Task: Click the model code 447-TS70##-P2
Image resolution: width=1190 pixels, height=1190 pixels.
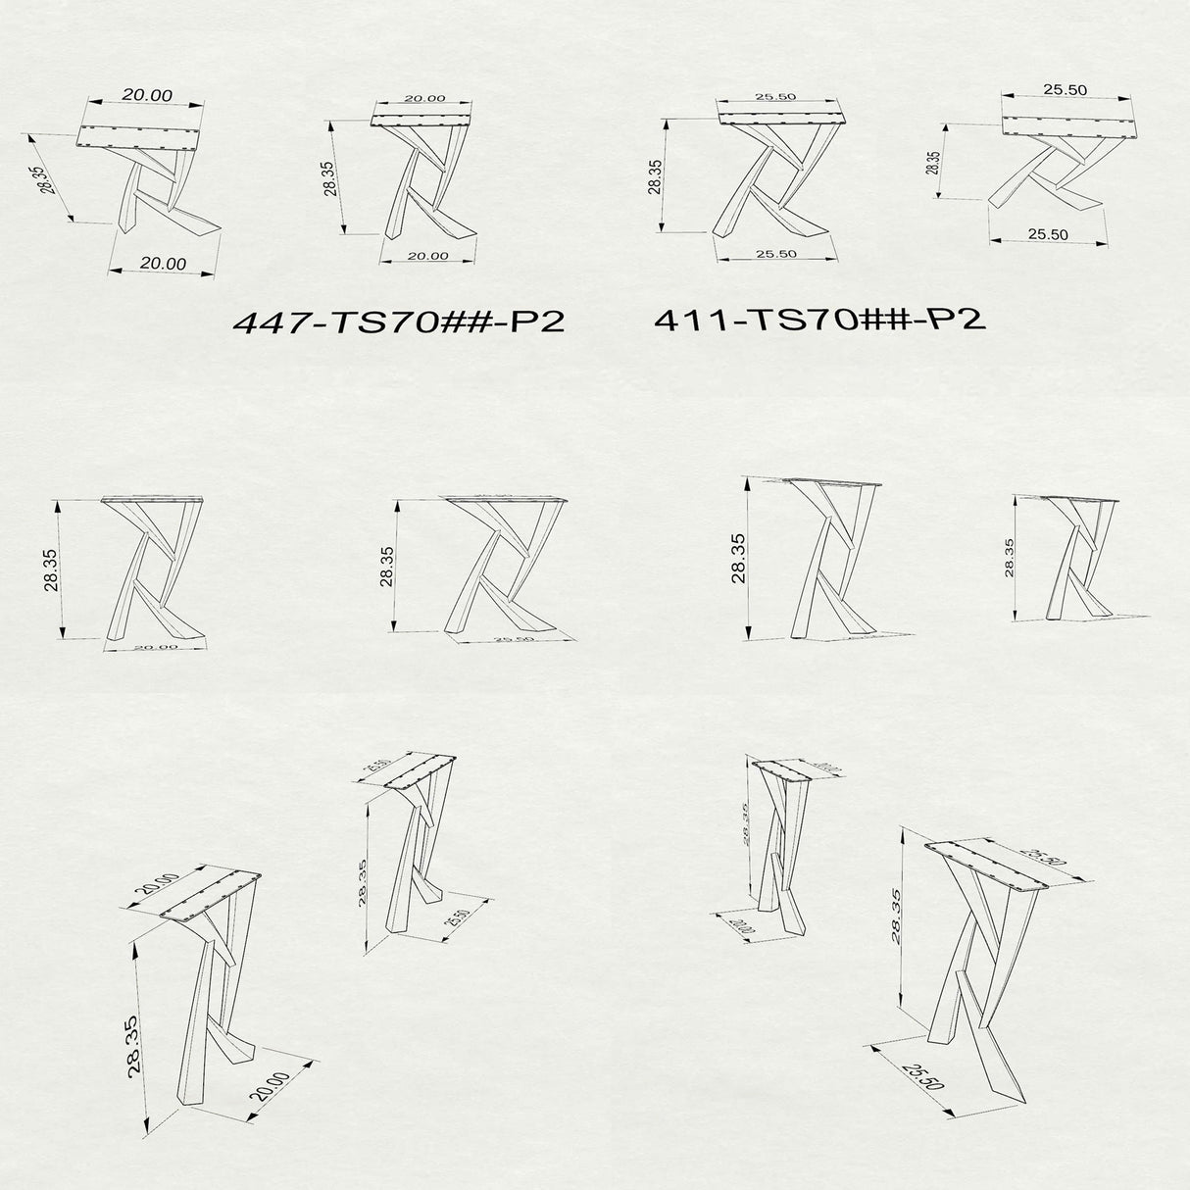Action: click(398, 322)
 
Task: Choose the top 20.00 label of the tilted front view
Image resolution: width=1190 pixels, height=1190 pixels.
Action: click(147, 95)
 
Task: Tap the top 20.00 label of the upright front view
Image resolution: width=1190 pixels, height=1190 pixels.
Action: click(424, 98)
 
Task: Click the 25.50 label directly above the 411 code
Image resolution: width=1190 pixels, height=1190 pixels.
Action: click(775, 254)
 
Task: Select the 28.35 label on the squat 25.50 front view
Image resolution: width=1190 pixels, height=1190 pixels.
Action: click(934, 163)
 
